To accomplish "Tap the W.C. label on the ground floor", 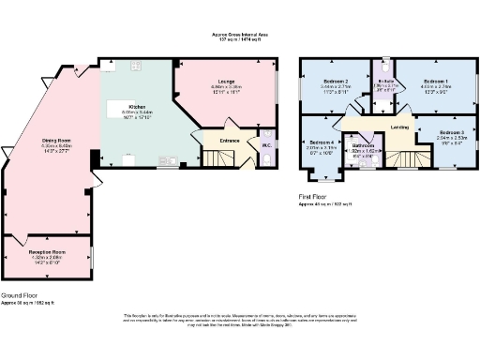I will [x=266, y=143].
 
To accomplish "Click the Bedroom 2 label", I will [x=336, y=82].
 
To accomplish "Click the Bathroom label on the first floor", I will [x=364, y=146].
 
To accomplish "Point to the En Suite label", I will [x=384, y=82].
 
